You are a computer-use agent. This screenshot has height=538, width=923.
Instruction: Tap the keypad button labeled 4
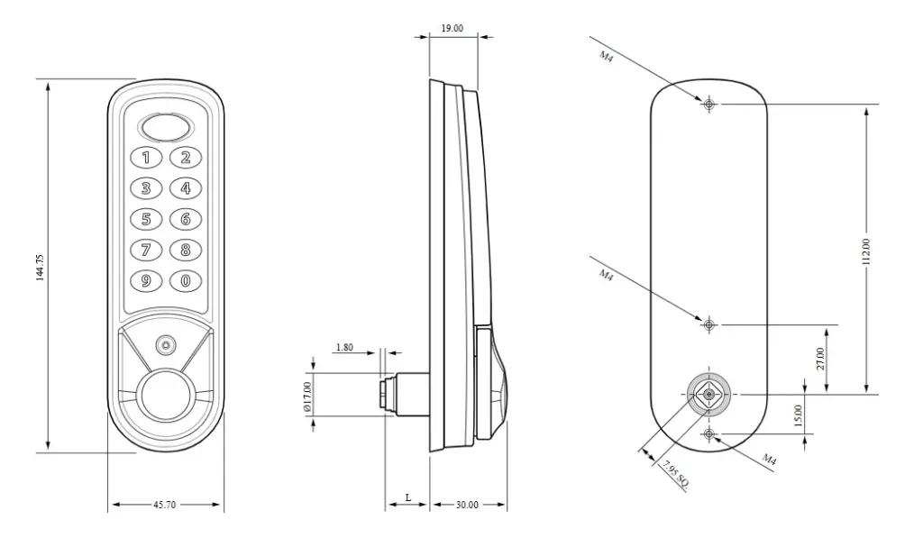[x=186, y=188]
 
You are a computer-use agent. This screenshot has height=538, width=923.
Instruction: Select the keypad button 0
[x=186, y=280]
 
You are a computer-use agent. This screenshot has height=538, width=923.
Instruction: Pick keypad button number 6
[x=186, y=219]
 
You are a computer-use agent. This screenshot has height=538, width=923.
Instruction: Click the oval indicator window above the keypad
[x=166, y=127]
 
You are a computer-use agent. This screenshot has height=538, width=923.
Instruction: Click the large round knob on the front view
[x=166, y=395]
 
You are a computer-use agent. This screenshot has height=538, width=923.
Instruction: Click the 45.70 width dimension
[x=165, y=506]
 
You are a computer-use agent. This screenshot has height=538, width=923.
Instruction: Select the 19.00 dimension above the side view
[x=452, y=28]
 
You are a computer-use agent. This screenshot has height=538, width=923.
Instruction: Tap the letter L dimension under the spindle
[x=408, y=497]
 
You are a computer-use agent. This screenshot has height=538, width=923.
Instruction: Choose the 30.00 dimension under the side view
[x=466, y=506]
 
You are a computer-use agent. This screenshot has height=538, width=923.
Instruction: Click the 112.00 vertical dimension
[x=866, y=251]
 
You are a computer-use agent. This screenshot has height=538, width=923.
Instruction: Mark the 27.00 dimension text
[x=819, y=359]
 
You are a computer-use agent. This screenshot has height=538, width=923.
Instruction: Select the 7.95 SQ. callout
[x=675, y=474]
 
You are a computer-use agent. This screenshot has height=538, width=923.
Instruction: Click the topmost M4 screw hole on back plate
[x=709, y=105]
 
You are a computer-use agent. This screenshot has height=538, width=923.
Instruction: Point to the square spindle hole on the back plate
[x=709, y=394]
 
